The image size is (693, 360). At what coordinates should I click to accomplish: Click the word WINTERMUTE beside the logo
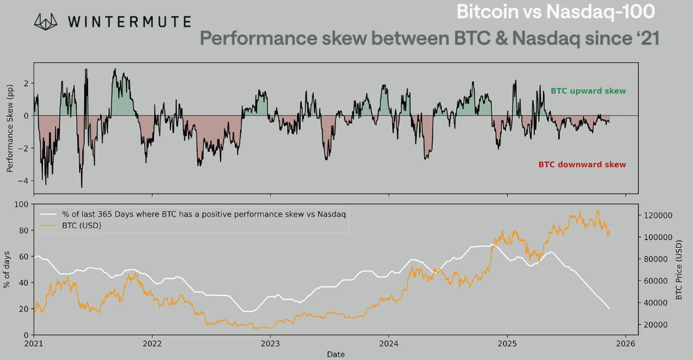click(129, 23)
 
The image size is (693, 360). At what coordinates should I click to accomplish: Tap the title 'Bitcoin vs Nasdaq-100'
click(555, 12)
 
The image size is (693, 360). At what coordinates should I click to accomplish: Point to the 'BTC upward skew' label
click(588, 91)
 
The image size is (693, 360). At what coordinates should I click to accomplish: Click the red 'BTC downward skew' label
click(582, 164)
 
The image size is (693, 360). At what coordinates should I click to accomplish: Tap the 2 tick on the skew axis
click(25, 83)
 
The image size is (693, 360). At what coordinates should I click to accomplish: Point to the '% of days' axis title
click(7, 270)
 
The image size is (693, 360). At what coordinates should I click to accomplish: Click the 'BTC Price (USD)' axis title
click(679, 270)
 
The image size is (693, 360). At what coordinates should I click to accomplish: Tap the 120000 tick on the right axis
click(654, 215)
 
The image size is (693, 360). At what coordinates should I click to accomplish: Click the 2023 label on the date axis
click(270, 343)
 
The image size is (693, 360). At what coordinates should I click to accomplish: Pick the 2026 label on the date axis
click(625, 343)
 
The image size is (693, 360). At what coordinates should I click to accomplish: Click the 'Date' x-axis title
click(336, 354)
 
